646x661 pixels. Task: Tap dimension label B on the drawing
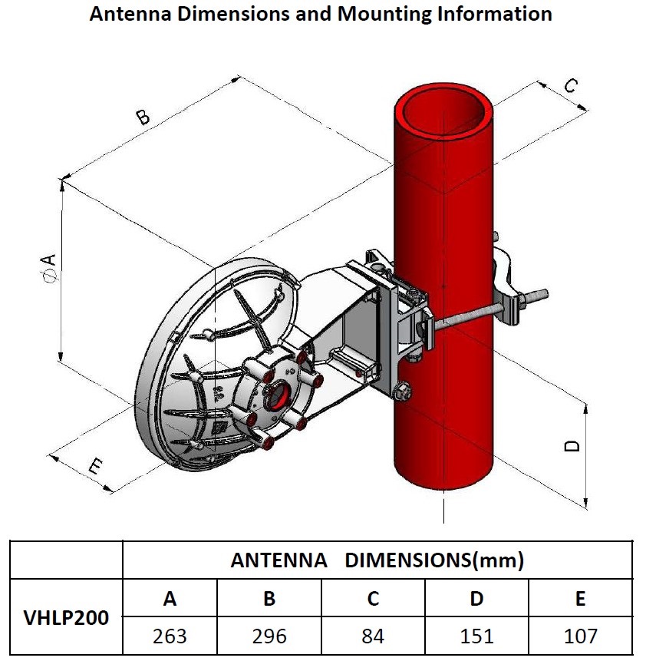[143, 117]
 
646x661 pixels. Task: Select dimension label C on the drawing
[569, 86]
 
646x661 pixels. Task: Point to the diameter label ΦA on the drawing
[49, 269]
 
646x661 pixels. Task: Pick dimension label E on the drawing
[96, 465]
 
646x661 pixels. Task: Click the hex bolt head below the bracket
[400, 393]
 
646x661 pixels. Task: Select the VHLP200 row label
[66, 616]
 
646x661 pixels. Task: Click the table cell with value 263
[170, 636]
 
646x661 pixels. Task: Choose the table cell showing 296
[269, 636]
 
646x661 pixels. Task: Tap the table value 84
[373, 636]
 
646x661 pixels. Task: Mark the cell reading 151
[476, 636]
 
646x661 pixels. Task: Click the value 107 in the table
[580, 636]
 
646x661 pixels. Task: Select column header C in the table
[373, 598]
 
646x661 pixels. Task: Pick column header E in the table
[580, 598]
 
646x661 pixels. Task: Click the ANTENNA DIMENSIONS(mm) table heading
[377, 560]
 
